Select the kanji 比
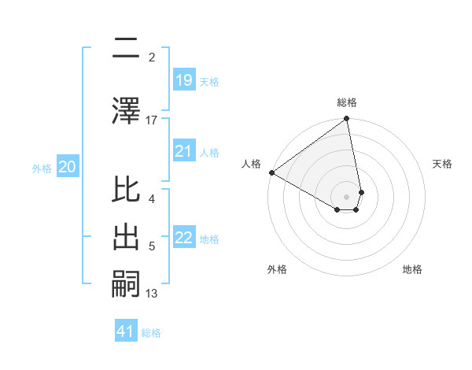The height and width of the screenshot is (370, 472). pyautogui.click(x=127, y=191)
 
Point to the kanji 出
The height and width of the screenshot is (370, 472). pyautogui.click(x=127, y=238)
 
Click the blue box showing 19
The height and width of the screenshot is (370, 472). pyautogui.click(x=184, y=80)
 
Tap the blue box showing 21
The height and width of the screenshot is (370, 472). pyautogui.click(x=184, y=151)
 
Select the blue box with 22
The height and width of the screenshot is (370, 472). pyautogui.click(x=184, y=238)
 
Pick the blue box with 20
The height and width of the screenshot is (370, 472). pyautogui.click(x=68, y=167)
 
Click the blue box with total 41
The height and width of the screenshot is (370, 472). pyautogui.click(x=126, y=332)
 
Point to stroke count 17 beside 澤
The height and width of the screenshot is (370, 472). pyautogui.click(x=152, y=120)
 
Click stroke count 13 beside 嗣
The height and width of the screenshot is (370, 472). pyautogui.click(x=152, y=294)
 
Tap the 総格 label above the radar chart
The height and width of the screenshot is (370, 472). pyautogui.click(x=347, y=102)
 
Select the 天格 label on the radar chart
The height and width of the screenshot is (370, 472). pyautogui.click(x=443, y=164)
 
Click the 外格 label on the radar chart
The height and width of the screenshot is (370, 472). pyautogui.click(x=277, y=269)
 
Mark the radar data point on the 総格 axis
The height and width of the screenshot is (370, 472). pyautogui.click(x=347, y=120)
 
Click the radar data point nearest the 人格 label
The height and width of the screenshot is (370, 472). pyautogui.click(x=271, y=172)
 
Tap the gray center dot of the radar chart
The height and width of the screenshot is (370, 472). pyautogui.click(x=347, y=196)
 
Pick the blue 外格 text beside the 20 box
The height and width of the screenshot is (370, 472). pyautogui.click(x=42, y=168)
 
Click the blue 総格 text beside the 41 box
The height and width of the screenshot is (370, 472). pyautogui.click(x=151, y=333)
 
